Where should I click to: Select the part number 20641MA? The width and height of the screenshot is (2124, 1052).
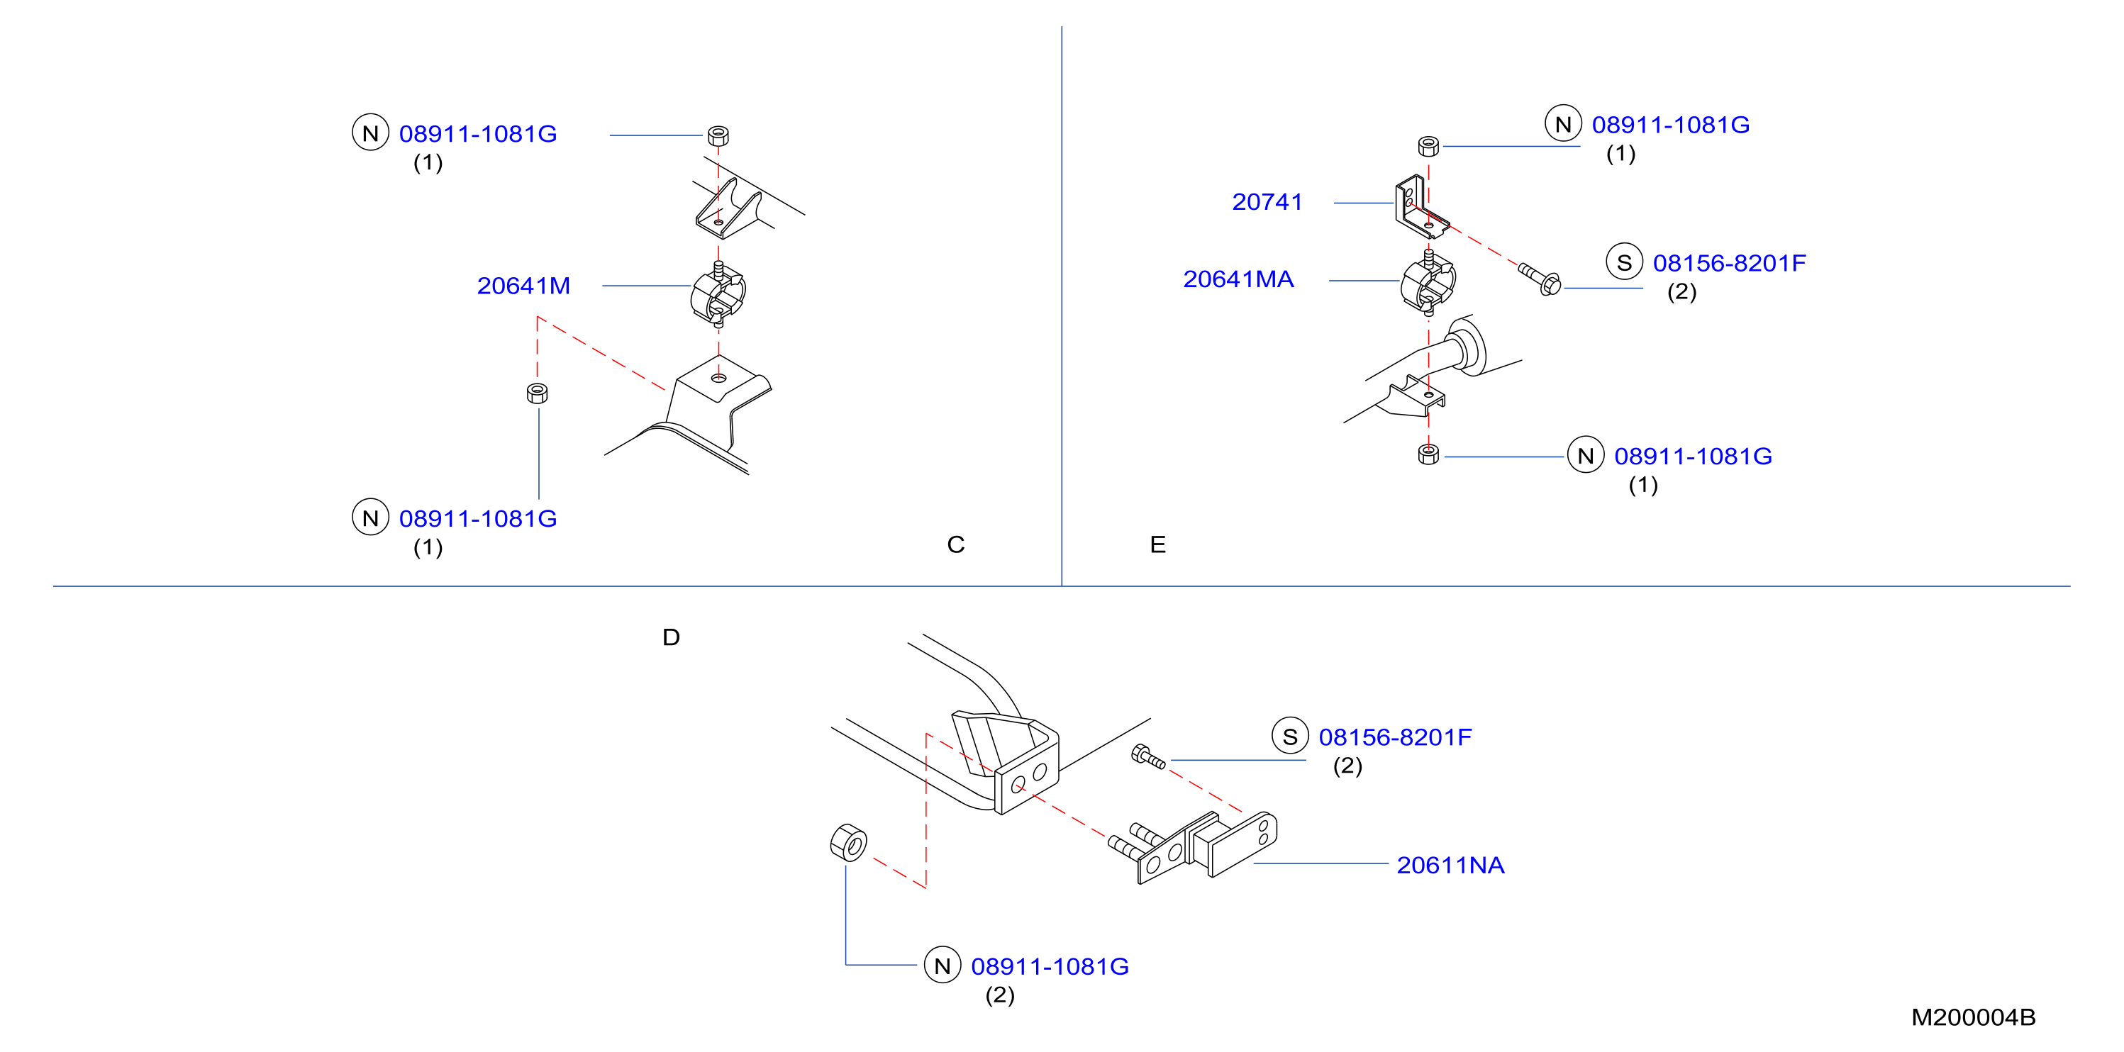pos(1238,279)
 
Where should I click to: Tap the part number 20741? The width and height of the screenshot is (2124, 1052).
pos(1267,201)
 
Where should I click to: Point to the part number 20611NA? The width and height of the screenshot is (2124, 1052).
pos(1450,865)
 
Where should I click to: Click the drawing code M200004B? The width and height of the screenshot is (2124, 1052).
pos(1973,1017)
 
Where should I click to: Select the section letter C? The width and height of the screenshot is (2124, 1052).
pos(956,544)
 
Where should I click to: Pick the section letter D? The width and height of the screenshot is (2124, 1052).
pos(671,637)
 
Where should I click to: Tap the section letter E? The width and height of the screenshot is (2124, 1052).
pos(1157,544)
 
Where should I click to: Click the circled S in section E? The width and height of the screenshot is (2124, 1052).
pos(1624,262)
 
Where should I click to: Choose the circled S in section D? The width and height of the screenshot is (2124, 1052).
pos(1291,737)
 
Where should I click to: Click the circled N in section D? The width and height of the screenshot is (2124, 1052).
pos(943,966)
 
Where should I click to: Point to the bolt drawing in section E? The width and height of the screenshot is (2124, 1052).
pos(1540,279)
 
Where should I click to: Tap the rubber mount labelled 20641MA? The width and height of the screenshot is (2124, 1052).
pos(1429,283)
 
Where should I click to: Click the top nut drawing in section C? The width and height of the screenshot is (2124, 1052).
pos(718,136)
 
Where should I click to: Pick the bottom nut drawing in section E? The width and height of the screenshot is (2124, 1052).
pos(1429,454)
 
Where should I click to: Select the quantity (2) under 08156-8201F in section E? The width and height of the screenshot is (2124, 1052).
pos(1681,292)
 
